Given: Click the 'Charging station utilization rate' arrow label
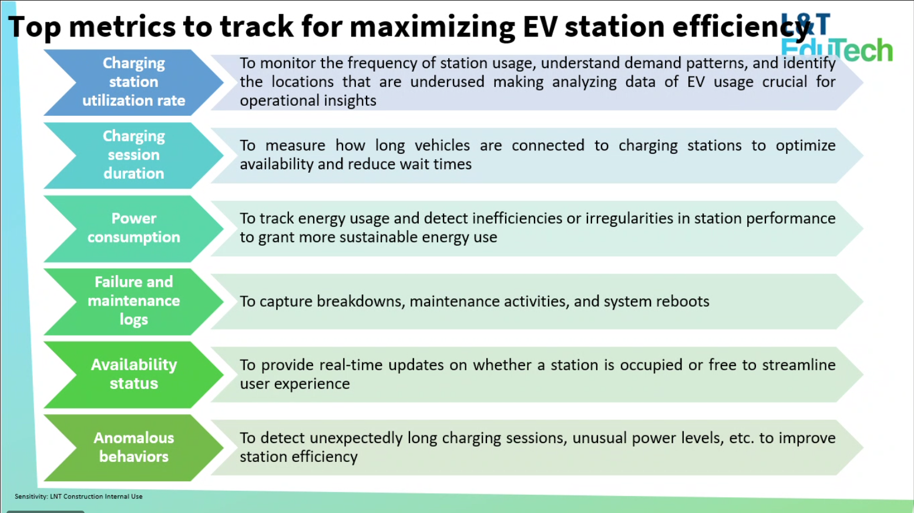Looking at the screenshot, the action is [134, 82].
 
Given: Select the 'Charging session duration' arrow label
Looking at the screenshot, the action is [134, 155].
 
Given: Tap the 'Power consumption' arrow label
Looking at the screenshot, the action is [134, 228].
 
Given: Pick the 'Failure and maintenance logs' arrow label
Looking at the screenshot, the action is [134, 301].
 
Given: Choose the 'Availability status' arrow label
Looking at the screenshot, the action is [134, 374].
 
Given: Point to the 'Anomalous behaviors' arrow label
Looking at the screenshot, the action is [134, 447].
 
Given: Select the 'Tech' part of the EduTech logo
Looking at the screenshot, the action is [861, 50].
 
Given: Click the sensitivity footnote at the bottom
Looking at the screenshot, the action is [79, 497].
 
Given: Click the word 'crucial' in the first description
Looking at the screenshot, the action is [784, 82].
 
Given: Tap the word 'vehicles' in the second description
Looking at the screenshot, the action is [442, 145].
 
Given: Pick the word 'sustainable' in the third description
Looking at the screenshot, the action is [378, 237].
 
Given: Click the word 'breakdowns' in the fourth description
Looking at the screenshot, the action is [360, 301].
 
